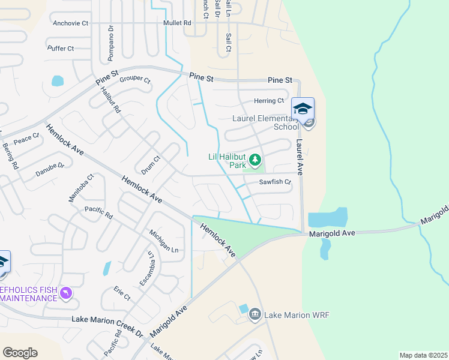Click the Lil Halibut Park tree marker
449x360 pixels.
tap(256, 160)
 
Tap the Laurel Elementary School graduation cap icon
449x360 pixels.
tap(303, 109)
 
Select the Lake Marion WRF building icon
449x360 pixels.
tap(255, 314)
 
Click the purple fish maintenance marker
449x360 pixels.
tap(66, 293)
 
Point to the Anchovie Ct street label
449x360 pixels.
tap(71, 23)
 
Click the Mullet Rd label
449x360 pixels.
tap(176, 23)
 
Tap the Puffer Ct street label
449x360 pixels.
tap(61, 48)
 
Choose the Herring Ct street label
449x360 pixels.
tap(270, 101)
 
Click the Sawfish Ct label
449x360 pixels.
tap(275, 182)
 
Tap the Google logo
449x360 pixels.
tap(20, 353)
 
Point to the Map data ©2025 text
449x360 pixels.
tap(423, 355)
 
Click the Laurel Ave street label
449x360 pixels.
tap(300, 157)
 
